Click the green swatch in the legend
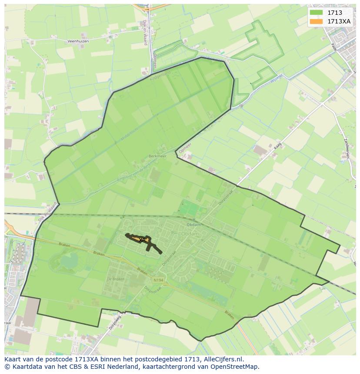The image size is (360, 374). [317, 13]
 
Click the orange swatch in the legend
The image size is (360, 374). [317, 21]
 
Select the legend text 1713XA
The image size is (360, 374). [339, 21]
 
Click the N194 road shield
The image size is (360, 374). [159, 281]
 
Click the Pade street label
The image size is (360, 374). [333, 47]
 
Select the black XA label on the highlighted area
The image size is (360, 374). [142, 239]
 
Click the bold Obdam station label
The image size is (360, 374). [193, 225]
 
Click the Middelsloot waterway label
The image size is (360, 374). [130, 133]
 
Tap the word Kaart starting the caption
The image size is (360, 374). [13, 359]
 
